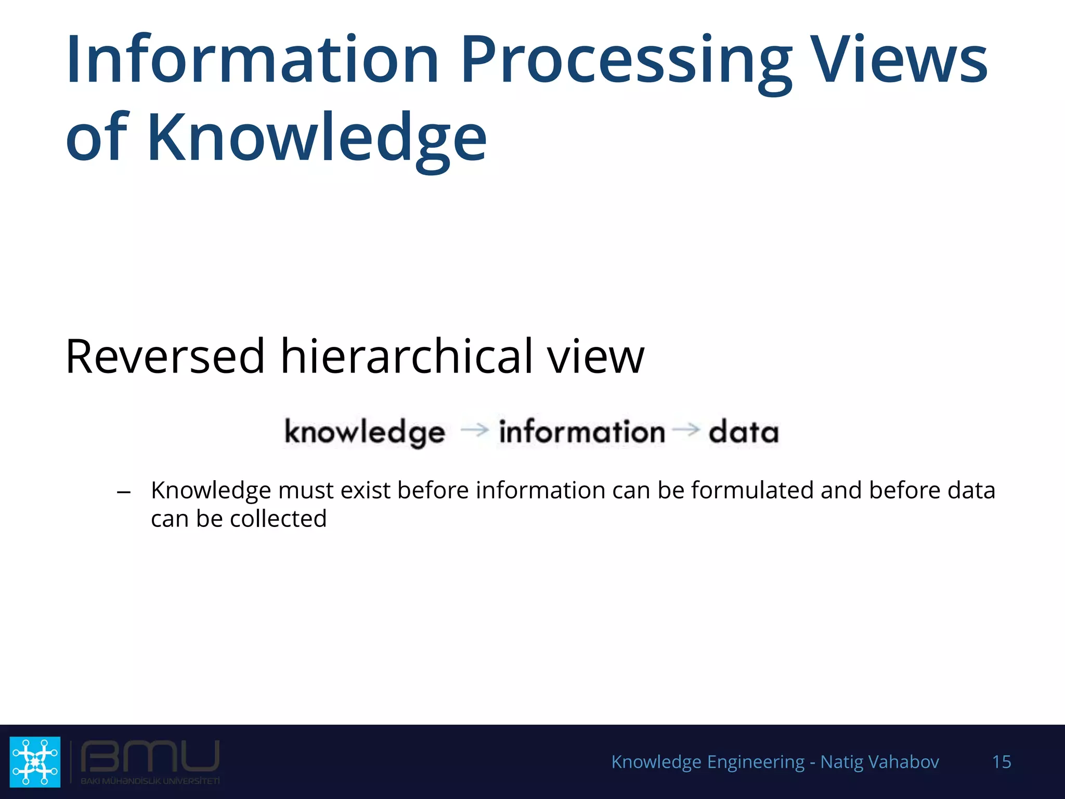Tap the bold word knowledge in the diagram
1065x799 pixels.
point(365,432)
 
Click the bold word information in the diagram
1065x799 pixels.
point(581,432)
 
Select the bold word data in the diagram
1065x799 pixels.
point(743,432)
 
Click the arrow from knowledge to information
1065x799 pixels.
point(474,430)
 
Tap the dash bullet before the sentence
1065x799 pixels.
point(124,492)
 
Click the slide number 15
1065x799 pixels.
point(1001,762)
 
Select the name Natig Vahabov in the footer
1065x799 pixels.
point(879,762)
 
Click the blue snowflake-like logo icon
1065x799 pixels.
point(35,762)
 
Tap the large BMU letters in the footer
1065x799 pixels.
point(150,757)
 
